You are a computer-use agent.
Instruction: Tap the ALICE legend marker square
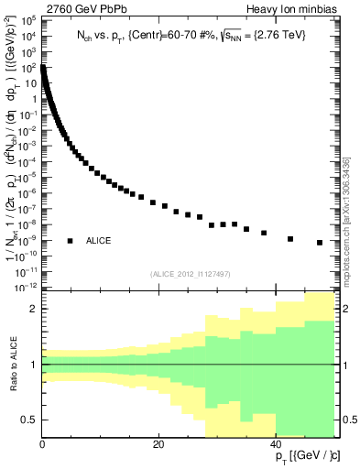pyautogui.click(x=70, y=241)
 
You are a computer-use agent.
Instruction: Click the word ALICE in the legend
pyautogui.click(x=98, y=241)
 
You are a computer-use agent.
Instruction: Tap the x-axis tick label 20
pyautogui.click(x=159, y=444)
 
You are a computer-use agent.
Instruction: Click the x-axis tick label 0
pyautogui.click(x=42, y=444)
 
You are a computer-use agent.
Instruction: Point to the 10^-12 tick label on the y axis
pyautogui.click(x=26, y=287)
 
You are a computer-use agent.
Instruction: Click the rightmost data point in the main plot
pyautogui.click(x=320, y=243)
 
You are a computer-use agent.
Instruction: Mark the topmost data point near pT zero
pyautogui.click(x=43, y=67)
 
